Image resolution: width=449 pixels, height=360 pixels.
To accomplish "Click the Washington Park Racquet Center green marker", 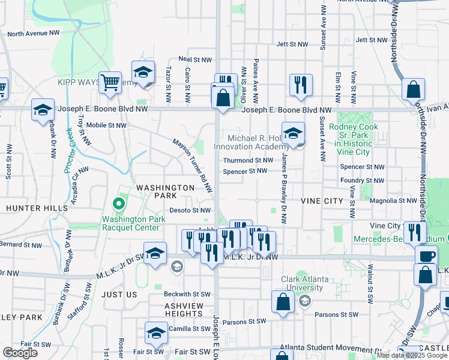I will tap(119, 205).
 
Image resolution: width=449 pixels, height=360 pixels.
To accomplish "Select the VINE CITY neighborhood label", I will tap(321, 200).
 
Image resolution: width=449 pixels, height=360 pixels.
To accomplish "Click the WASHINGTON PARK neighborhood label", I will tap(157, 191).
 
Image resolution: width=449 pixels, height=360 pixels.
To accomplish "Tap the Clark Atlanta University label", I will tap(307, 283).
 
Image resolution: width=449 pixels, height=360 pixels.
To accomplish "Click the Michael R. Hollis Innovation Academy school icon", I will tap(293, 133).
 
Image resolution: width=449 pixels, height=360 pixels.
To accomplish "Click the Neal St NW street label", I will tap(196, 60).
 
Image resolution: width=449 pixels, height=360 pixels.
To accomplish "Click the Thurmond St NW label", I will tap(248, 160).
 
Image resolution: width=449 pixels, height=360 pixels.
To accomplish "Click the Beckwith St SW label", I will tap(187, 295).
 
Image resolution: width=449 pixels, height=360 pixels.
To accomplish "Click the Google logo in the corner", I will tap(20, 353).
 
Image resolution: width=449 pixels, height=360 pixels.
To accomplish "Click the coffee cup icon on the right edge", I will tap(427, 257).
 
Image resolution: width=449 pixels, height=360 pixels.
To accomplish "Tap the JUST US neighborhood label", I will tap(119, 295).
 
